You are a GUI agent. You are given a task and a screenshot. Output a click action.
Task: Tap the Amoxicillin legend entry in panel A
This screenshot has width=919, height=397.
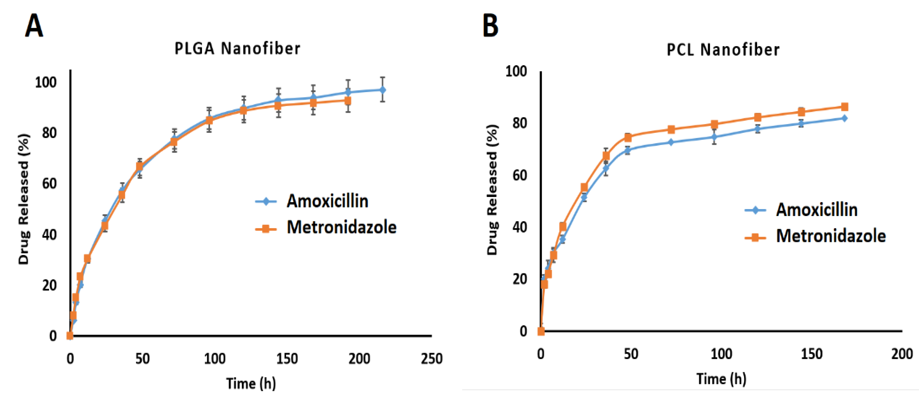pos(327,201)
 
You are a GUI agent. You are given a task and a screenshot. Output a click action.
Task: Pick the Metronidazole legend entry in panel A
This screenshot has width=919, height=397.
pos(341,227)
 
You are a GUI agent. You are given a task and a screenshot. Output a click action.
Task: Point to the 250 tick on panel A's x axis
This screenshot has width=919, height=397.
pos(431,358)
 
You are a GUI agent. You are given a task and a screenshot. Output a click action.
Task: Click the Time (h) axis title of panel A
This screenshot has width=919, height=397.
pos(251,383)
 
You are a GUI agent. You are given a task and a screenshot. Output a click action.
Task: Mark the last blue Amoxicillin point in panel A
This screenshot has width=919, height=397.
pos(382,90)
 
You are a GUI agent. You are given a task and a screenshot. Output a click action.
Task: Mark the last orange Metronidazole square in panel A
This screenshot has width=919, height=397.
pos(347,101)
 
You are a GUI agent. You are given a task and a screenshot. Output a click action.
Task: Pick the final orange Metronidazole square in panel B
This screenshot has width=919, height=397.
pos(844,107)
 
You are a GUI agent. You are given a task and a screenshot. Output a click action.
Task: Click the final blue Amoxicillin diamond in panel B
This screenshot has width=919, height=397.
pos(844,118)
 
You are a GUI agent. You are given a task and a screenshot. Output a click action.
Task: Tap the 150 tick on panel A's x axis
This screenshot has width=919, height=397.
pos(287,358)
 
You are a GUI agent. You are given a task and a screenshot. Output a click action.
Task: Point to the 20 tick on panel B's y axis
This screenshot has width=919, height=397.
pos(519,279)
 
